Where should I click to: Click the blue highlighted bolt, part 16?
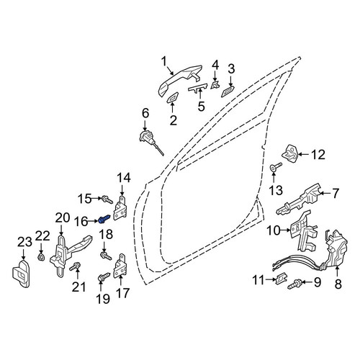click(x=104, y=219)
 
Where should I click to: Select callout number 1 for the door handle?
click(x=164, y=61)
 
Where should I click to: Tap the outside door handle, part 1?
click(x=180, y=80)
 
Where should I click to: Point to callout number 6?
click(x=145, y=114)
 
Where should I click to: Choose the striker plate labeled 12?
click(x=289, y=152)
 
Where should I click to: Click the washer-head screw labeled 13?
click(x=276, y=166)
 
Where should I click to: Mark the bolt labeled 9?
click(x=294, y=284)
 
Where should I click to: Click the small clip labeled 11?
click(x=280, y=279)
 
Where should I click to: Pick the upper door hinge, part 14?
click(x=120, y=208)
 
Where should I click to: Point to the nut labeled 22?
click(x=41, y=258)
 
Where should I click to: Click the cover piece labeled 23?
click(x=21, y=274)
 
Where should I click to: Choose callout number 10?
click(x=274, y=231)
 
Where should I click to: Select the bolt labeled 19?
click(x=103, y=276)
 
